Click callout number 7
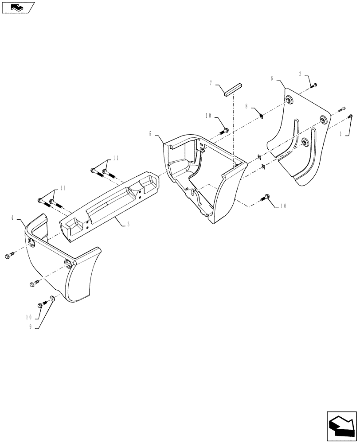tap(211, 83)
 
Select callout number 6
tap(272, 78)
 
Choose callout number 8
tap(247, 106)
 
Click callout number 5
tap(151, 133)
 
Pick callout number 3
tap(128, 225)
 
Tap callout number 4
tap(13, 218)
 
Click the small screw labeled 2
tap(314, 85)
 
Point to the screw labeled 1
tap(350, 117)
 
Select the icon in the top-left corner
tap(17, 7)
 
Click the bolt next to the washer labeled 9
tap(41, 304)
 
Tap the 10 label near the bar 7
tap(208, 116)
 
